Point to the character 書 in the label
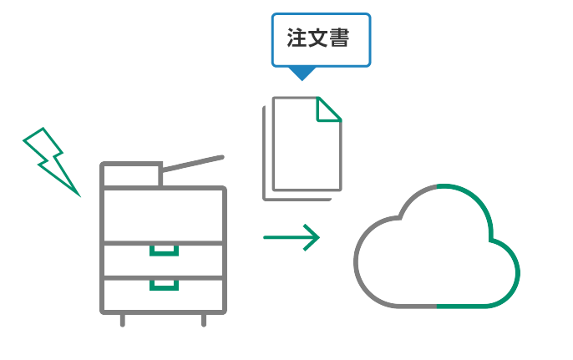pyautogui.click(x=340, y=39)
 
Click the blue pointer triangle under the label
pyautogui.click(x=302, y=74)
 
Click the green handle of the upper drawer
pyautogui.click(x=164, y=250)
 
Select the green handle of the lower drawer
pyautogui.click(x=164, y=284)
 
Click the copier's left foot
pyautogui.click(x=123, y=320)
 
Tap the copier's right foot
pyautogui.click(x=204, y=320)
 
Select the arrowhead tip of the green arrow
pyautogui.click(x=318, y=237)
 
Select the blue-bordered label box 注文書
pyautogui.click(x=320, y=40)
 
